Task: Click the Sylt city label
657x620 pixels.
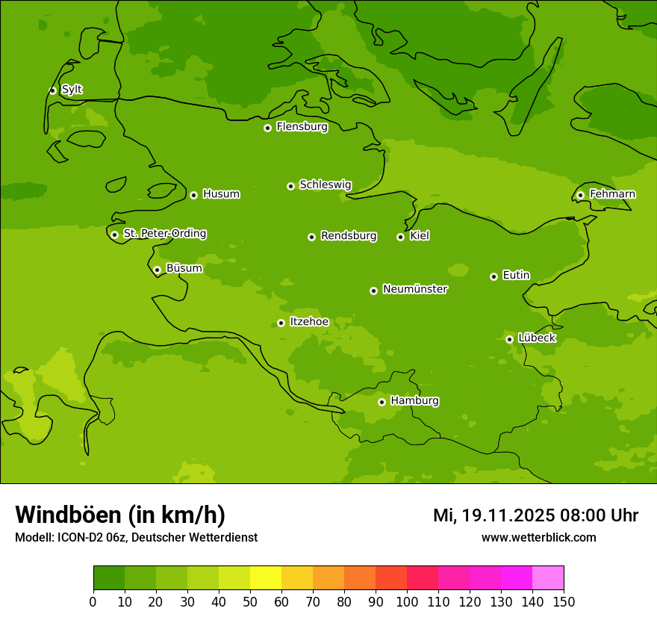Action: click(x=72, y=90)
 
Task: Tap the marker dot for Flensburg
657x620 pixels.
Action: click(x=267, y=128)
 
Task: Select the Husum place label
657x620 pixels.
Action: click(x=221, y=194)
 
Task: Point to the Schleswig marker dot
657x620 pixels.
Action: click(x=290, y=186)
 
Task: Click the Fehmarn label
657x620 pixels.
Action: click(x=612, y=194)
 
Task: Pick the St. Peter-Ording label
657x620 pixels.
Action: click(x=164, y=234)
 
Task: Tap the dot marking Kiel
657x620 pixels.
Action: click(x=400, y=237)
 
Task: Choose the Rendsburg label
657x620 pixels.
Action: click(x=349, y=236)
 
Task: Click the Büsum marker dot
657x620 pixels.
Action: click(x=157, y=270)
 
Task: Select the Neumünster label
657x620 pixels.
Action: click(x=414, y=289)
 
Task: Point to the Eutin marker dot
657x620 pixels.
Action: click(x=493, y=276)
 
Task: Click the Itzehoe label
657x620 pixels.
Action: click(x=309, y=322)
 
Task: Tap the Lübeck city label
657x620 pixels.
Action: click(x=537, y=338)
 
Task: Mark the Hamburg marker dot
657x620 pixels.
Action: click(x=382, y=402)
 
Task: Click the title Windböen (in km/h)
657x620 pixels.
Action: click(x=120, y=515)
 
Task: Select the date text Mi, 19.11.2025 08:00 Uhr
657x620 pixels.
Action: click(x=535, y=515)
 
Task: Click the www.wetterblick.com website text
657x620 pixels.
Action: click(x=538, y=537)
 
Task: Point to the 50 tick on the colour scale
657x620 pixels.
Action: click(x=250, y=601)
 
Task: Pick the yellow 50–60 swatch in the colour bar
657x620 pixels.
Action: click(x=266, y=578)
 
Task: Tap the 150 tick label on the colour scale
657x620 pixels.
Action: click(x=563, y=601)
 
